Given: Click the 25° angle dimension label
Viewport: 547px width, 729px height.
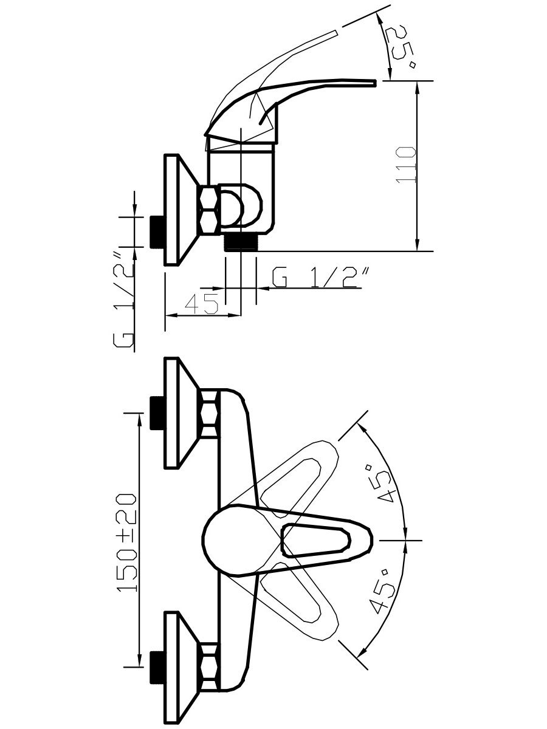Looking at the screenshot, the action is pyautogui.click(x=402, y=47).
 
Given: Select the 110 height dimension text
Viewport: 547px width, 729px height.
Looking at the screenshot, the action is pyautogui.click(x=406, y=165).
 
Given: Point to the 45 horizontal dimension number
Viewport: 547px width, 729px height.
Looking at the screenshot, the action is pyautogui.click(x=202, y=304).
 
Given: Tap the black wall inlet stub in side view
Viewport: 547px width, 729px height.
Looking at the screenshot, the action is pyautogui.click(x=157, y=232).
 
